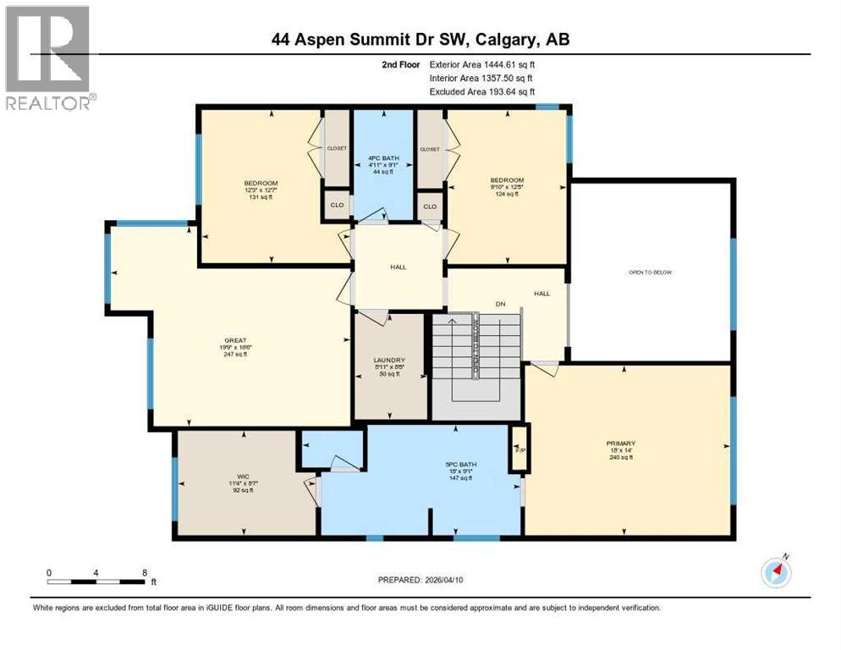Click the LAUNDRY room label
(390, 360)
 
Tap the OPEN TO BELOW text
(650, 273)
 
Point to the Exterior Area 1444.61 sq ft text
(482, 63)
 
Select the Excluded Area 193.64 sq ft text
(482, 91)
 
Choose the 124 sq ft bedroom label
(507, 195)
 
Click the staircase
(476, 359)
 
